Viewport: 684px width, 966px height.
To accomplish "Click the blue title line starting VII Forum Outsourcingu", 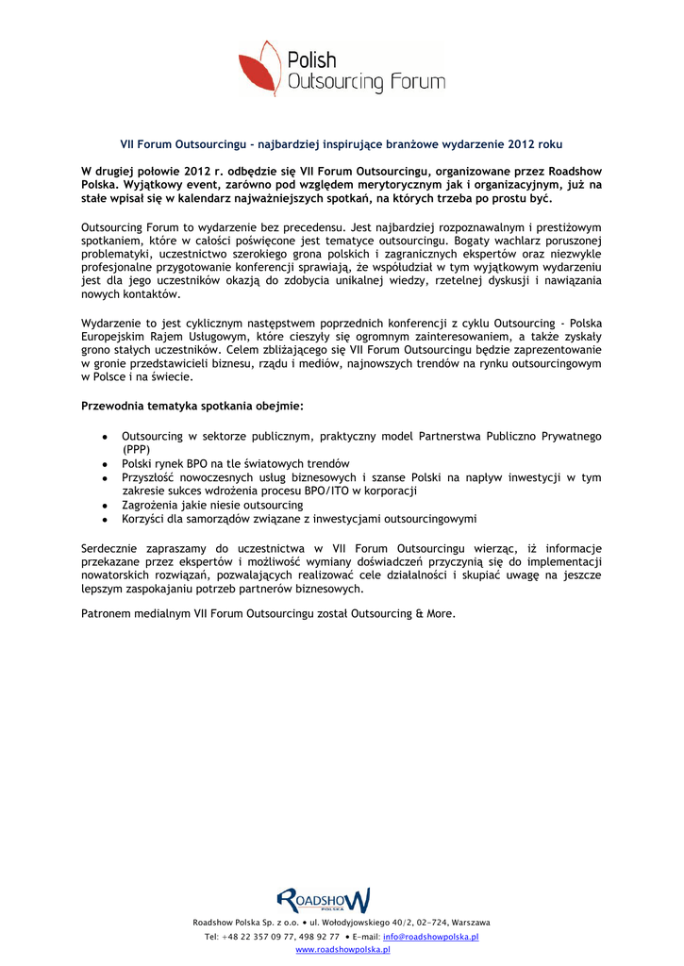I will point(341,145).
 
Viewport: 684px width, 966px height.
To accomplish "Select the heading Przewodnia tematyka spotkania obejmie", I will point(192,406).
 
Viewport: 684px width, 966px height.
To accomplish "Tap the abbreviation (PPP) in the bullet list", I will point(136,450).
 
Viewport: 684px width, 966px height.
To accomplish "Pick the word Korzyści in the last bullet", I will point(143,519).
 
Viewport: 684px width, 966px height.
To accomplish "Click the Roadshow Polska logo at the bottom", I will point(323,900).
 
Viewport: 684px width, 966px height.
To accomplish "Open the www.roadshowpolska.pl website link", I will point(342,950).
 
